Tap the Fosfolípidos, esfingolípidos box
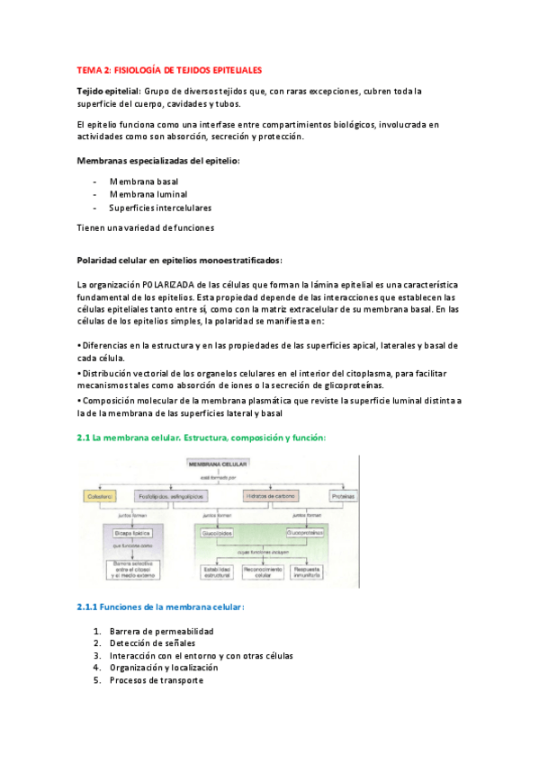pos(170,496)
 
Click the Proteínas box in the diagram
pos(343,496)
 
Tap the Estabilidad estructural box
pos(218,572)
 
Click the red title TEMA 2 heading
pos(169,68)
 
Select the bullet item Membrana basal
pos(144,181)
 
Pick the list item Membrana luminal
pos(148,193)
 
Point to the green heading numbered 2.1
pos(202,438)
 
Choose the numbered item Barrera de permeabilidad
pos(162,631)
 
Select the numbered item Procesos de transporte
pos(157,680)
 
